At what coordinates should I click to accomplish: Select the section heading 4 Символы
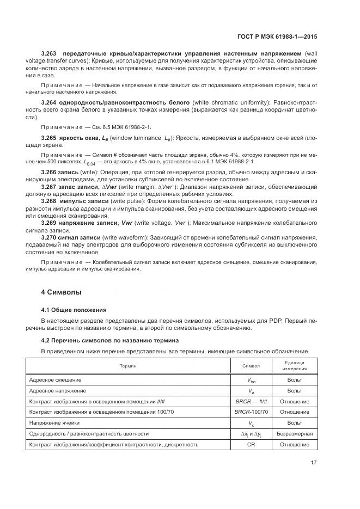pyautogui.click(x=62, y=292)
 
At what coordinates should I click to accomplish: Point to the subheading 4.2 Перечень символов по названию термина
pyautogui.click(x=110, y=340)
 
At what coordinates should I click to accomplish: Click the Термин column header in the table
pyautogui.click(x=128, y=366)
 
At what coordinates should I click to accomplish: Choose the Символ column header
pyautogui.click(x=251, y=366)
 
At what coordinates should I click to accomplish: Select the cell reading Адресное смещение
pyautogui.click(x=55, y=379)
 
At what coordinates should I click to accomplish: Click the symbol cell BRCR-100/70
pyautogui.click(x=251, y=412)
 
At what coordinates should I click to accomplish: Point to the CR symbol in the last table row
pyautogui.click(x=251, y=444)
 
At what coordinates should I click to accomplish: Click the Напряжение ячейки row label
pyautogui.click(x=54, y=422)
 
